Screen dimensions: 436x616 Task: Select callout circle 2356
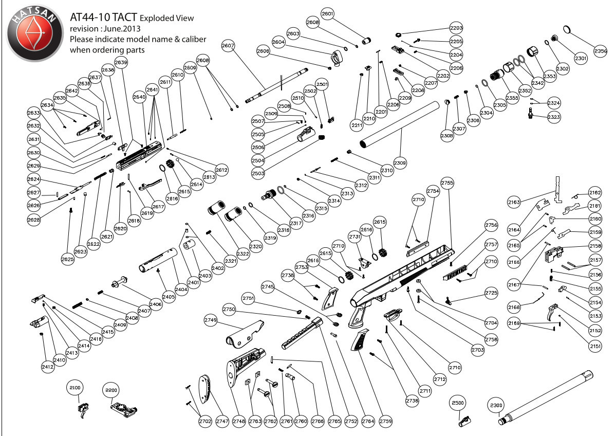click(601, 51)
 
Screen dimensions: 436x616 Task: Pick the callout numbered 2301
click(581, 59)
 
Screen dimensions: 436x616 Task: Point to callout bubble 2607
click(228, 46)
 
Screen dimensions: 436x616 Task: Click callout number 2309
click(400, 163)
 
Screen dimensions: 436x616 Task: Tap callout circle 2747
click(222, 421)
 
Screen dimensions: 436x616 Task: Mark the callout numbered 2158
click(595, 246)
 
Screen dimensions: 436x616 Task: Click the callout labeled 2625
click(68, 260)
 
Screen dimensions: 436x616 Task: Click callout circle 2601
click(328, 13)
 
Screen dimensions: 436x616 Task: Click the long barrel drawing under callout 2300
click(550, 396)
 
